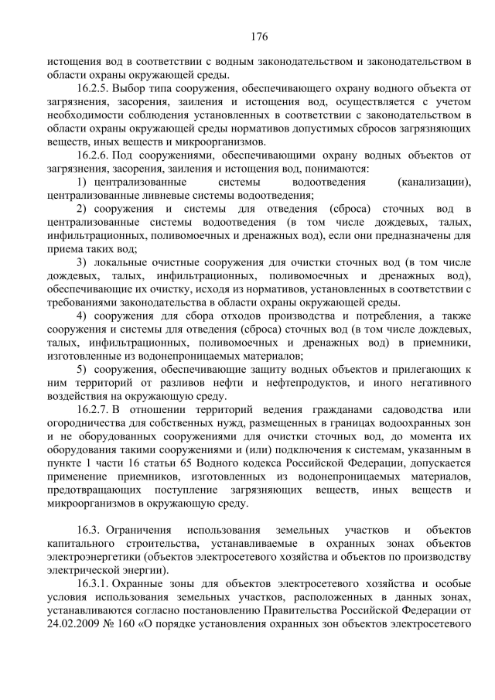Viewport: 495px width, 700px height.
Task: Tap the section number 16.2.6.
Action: point(95,155)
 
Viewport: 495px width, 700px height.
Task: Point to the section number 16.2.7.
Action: point(95,408)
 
